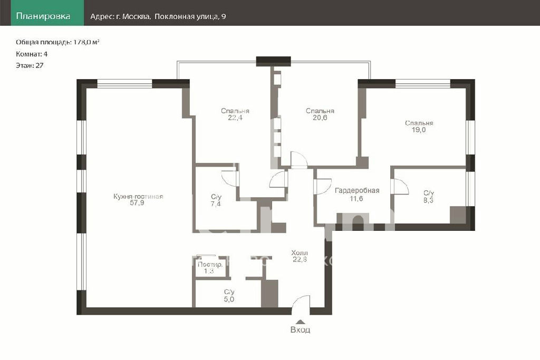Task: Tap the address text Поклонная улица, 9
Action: click(x=190, y=16)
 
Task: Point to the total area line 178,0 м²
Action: click(x=57, y=42)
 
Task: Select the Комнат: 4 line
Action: click(x=32, y=54)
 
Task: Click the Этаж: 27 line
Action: click(x=30, y=65)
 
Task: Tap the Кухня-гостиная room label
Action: click(x=138, y=197)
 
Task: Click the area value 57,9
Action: click(x=137, y=203)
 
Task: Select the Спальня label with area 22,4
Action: click(x=235, y=111)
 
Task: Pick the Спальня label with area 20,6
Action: click(x=320, y=111)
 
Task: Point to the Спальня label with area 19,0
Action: click(x=419, y=123)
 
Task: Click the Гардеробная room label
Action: click(x=357, y=191)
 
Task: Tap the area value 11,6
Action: click(x=356, y=199)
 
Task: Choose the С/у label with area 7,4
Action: click(x=216, y=197)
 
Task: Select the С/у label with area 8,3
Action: click(x=429, y=193)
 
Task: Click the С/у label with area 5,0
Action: click(x=229, y=292)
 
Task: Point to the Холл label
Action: click(x=300, y=252)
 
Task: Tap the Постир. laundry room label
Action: click(x=210, y=265)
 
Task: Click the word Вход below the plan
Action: click(x=300, y=330)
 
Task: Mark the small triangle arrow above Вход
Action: click(x=300, y=322)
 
